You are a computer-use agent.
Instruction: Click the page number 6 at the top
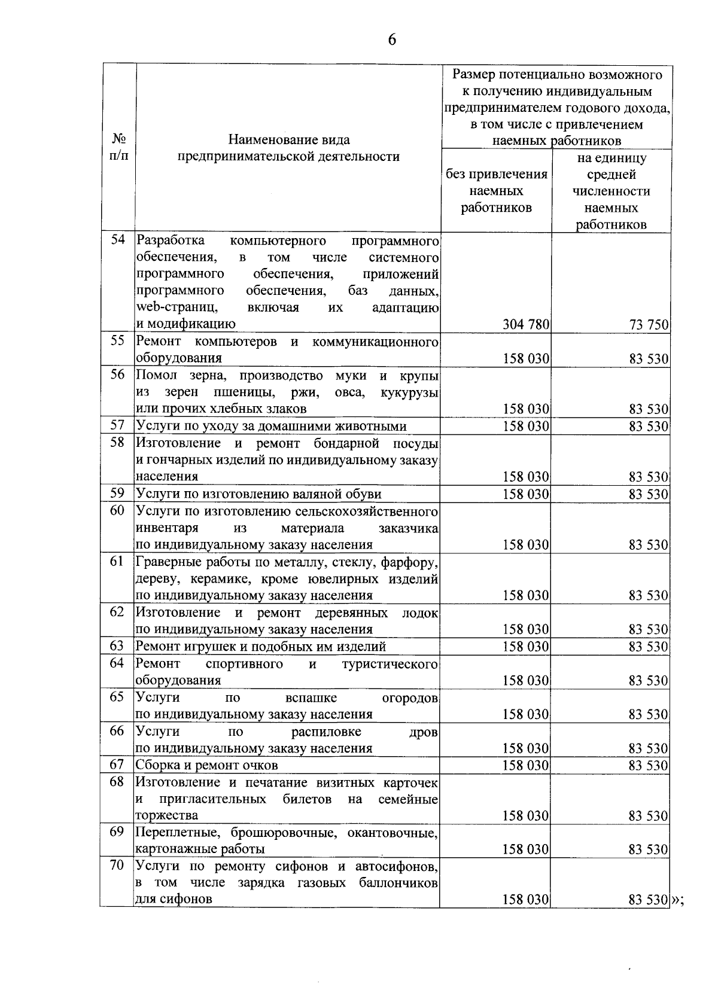click(x=392, y=40)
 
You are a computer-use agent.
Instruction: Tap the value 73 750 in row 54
click(x=649, y=325)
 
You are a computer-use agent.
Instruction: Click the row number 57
click(x=117, y=425)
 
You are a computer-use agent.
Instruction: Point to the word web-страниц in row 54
click(x=177, y=307)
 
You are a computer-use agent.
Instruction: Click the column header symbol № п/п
click(x=119, y=147)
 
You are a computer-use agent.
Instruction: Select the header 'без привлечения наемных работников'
click(x=496, y=191)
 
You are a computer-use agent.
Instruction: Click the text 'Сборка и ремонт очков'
click(x=206, y=765)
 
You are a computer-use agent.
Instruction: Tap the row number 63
click(x=117, y=646)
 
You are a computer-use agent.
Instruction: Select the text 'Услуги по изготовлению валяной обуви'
click(x=258, y=494)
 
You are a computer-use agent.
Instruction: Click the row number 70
click(x=117, y=865)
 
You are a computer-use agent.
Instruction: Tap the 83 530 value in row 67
click(x=649, y=765)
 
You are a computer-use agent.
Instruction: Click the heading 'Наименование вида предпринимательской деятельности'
click(x=288, y=148)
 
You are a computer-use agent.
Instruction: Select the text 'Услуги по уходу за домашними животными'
click(x=271, y=426)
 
